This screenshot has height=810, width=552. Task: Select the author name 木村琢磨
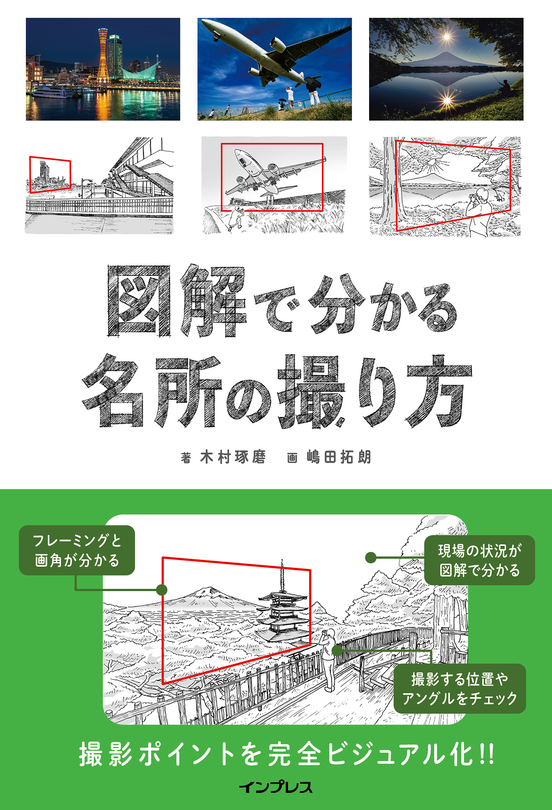coord(233,457)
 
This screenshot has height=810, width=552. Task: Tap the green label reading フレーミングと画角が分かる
coord(77,550)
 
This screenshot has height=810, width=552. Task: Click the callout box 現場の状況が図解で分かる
coord(479,560)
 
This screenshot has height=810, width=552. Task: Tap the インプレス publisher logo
coord(276,787)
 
